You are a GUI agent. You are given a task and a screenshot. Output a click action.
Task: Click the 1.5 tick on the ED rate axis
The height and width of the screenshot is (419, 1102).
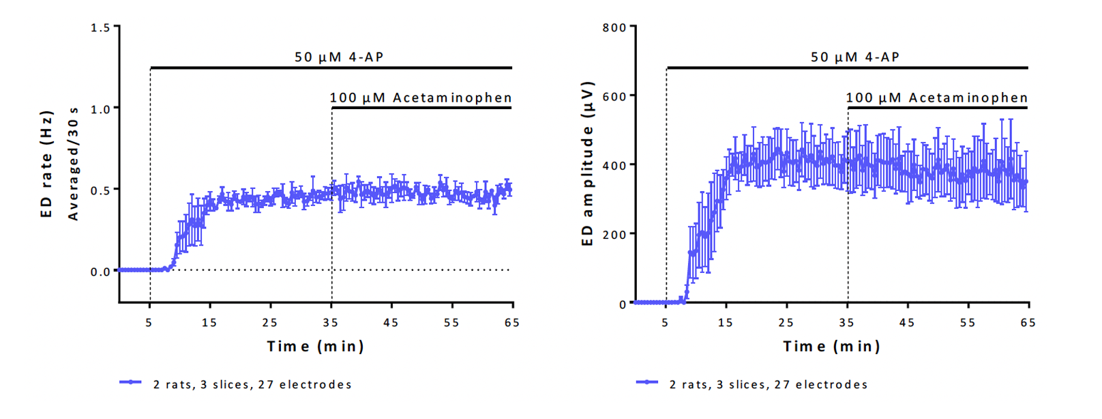point(100,28)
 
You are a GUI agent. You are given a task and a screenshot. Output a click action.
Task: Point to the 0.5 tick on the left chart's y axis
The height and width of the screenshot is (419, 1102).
point(100,190)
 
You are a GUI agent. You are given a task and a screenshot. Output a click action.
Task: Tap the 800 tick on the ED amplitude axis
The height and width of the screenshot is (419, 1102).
point(614,28)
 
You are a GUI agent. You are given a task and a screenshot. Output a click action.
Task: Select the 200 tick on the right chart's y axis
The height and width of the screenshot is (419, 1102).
point(614,235)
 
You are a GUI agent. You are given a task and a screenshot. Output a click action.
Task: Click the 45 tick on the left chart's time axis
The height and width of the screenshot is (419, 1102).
point(391,322)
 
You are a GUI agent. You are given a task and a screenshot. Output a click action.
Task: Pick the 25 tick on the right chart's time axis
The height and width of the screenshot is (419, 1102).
point(786,322)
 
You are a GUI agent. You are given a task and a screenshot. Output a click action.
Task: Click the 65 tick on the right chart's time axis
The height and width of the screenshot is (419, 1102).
point(1028,322)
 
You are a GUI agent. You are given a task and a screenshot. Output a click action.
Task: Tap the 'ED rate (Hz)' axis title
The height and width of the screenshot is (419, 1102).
point(46,164)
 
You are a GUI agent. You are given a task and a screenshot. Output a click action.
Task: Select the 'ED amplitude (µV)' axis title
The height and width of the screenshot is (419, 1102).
point(587,164)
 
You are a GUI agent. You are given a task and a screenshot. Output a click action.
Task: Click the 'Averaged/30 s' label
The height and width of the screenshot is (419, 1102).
point(73,164)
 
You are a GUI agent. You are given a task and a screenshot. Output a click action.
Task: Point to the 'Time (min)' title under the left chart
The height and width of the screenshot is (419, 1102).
point(315,347)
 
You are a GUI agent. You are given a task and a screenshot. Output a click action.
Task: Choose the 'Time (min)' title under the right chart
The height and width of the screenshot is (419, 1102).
point(831,347)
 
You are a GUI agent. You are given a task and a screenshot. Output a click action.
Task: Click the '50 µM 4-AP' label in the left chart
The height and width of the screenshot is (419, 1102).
point(339,57)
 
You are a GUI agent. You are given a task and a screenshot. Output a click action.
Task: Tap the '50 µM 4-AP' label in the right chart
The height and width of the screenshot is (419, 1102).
point(855,57)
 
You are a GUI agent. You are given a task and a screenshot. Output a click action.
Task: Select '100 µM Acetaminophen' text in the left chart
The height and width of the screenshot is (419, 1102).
point(421,98)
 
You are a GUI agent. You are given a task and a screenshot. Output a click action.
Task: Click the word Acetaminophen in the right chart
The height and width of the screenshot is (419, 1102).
point(968,98)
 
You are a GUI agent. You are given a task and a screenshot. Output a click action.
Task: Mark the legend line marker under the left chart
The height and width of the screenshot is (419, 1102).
point(130,382)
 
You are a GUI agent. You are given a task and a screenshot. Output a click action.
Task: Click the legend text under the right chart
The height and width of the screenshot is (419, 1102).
point(769,385)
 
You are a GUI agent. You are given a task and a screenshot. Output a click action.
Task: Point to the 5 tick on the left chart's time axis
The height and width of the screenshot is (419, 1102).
point(149,322)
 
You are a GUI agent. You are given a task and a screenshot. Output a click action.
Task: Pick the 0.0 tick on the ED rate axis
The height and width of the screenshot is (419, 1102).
point(100,272)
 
